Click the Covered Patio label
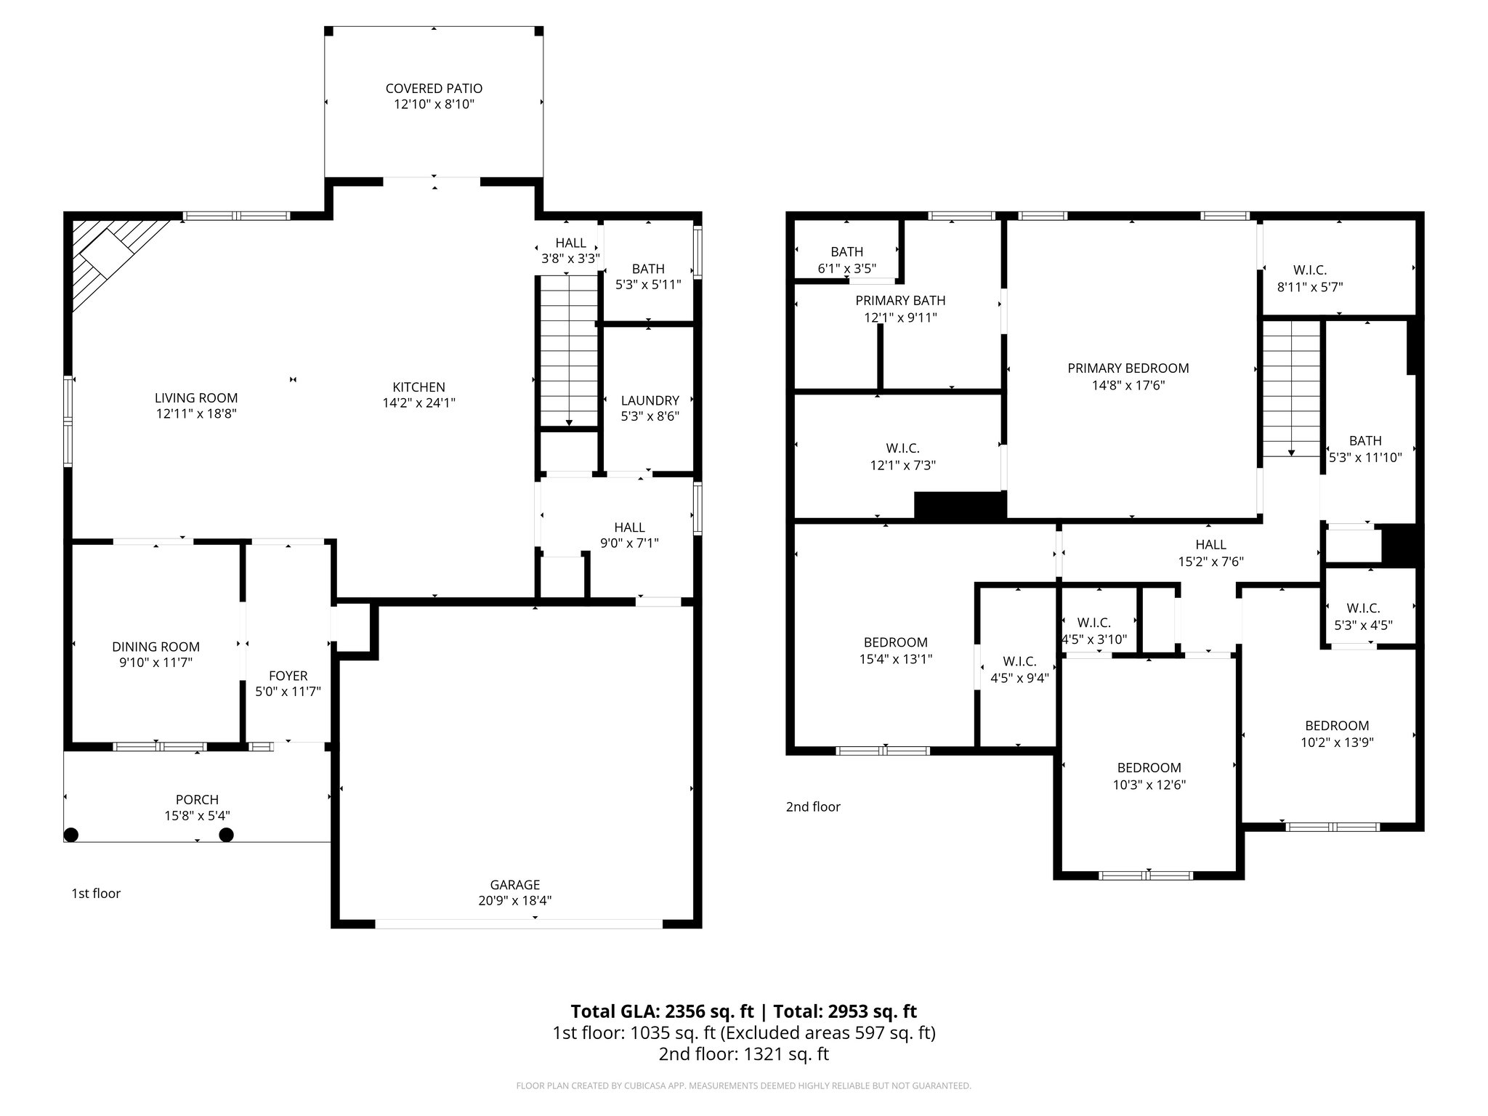[434, 88]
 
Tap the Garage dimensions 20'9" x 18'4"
[514, 901]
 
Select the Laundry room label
[650, 400]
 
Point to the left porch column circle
[71, 834]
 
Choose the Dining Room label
[155, 647]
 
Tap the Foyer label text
[288, 676]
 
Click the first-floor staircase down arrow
[568, 421]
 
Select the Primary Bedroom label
[1128, 368]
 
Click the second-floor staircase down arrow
[1291, 451]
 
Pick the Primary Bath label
[900, 301]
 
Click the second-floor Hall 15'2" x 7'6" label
[1210, 553]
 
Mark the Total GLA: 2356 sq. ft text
[663, 1011]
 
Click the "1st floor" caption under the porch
[96, 893]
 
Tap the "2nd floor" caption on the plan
[812, 806]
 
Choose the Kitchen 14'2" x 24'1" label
[418, 395]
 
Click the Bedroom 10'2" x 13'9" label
[1336, 733]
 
